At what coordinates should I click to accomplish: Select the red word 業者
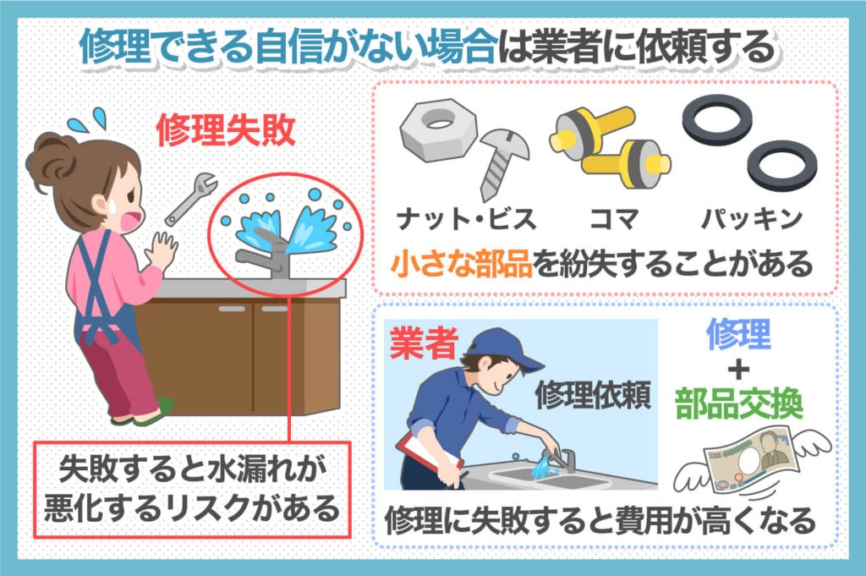pyautogui.click(x=422, y=346)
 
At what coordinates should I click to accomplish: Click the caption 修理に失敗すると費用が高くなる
pyautogui.click(x=600, y=520)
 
